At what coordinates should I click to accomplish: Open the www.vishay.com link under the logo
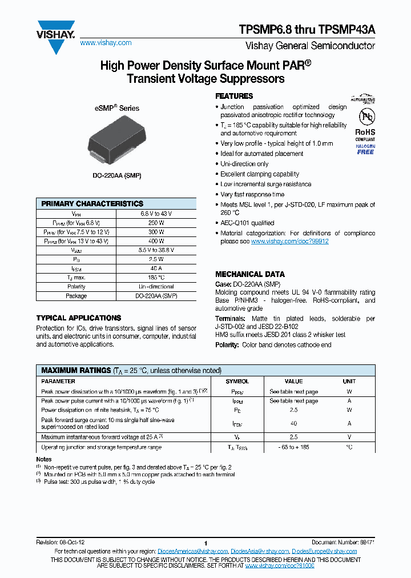tap(106, 43)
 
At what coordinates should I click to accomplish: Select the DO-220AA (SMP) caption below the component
tap(116, 176)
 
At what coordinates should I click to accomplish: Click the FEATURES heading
tap(234, 96)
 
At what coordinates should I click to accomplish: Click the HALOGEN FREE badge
tap(365, 150)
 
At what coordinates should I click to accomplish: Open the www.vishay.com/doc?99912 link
tap(289, 242)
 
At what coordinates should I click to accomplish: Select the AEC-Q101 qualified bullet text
tap(247, 223)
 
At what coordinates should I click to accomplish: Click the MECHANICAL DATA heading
tap(249, 274)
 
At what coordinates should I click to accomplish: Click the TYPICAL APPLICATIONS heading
tap(79, 318)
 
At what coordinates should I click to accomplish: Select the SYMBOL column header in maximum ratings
tap(237, 381)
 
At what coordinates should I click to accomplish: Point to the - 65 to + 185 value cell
tap(293, 447)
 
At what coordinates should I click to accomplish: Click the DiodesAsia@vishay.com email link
tap(260, 551)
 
